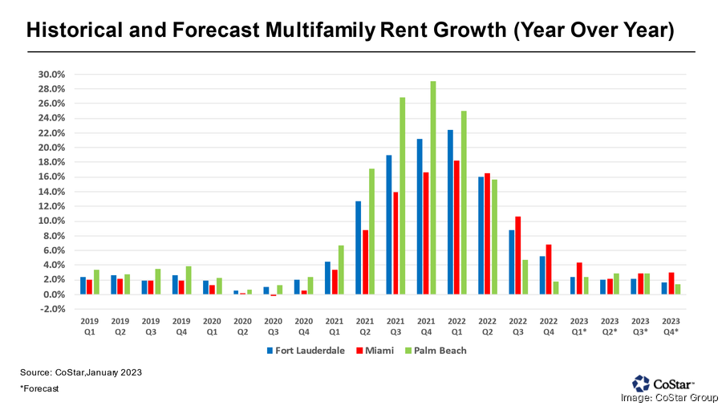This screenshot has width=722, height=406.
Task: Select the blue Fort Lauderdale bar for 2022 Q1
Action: point(451,212)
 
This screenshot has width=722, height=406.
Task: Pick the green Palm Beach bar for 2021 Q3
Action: point(403,196)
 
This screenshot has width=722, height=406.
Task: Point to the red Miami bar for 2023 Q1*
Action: point(579,278)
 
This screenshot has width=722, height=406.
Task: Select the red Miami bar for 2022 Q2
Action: point(488,233)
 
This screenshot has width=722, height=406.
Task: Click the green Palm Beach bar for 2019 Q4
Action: point(189,280)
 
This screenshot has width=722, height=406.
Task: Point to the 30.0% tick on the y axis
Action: point(52,75)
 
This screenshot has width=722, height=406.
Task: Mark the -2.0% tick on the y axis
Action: point(52,309)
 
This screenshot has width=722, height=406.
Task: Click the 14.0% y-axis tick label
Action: point(52,192)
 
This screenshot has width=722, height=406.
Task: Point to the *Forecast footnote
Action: point(39,388)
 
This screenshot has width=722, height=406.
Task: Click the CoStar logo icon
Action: point(641,383)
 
